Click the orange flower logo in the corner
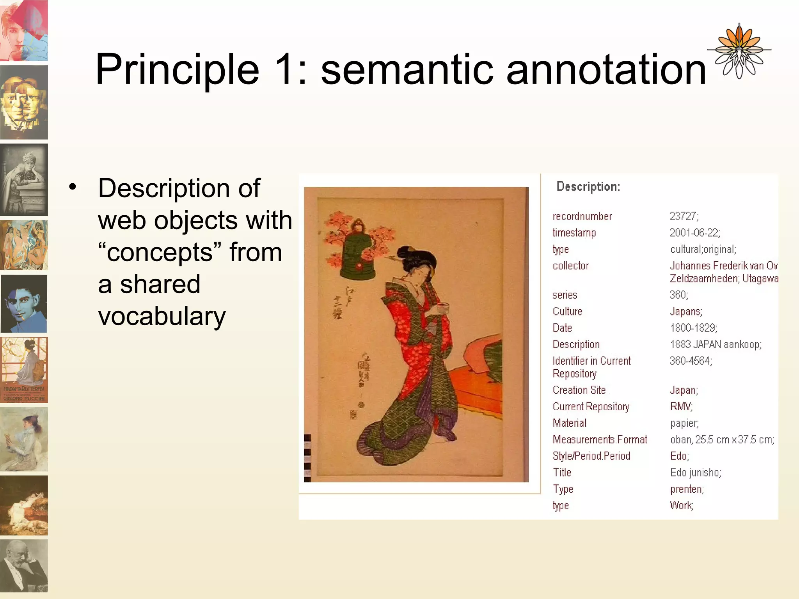(739, 51)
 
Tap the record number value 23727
(684, 216)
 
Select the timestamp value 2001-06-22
(694, 233)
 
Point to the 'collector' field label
(570, 266)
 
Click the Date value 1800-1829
(693, 328)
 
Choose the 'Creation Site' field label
(579, 390)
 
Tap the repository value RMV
(681, 407)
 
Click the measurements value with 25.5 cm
(722, 440)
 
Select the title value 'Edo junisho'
(695, 473)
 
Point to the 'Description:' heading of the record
(588, 186)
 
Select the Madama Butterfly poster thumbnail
(24, 370)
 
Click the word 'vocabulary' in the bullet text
(162, 316)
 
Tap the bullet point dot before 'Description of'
(73, 188)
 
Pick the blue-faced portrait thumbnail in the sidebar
(24, 304)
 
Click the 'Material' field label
(569, 423)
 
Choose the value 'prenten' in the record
(687, 489)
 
